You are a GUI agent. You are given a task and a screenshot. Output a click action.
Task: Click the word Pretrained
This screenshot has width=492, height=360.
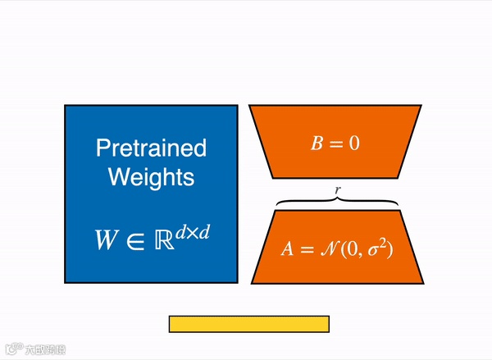point(152,148)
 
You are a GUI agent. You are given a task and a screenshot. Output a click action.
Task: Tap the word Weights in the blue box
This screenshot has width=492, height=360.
point(152,176)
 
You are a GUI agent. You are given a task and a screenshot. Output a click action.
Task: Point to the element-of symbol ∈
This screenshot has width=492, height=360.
point(135,241)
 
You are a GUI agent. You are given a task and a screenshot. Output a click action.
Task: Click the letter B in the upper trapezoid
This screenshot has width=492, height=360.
point(317,144)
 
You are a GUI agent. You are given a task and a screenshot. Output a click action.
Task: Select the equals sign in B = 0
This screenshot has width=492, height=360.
point(335,144)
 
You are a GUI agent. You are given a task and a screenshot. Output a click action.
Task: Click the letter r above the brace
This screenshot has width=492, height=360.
point(338,189)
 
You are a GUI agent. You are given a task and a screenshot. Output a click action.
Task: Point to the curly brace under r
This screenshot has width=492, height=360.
point(337,202)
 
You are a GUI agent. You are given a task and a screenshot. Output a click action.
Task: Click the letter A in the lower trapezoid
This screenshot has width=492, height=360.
point(287,248)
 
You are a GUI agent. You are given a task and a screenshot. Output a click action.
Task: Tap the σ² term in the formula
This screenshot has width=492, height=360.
point(379,247)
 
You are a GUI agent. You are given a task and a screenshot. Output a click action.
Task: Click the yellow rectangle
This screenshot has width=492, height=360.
point(248,324)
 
